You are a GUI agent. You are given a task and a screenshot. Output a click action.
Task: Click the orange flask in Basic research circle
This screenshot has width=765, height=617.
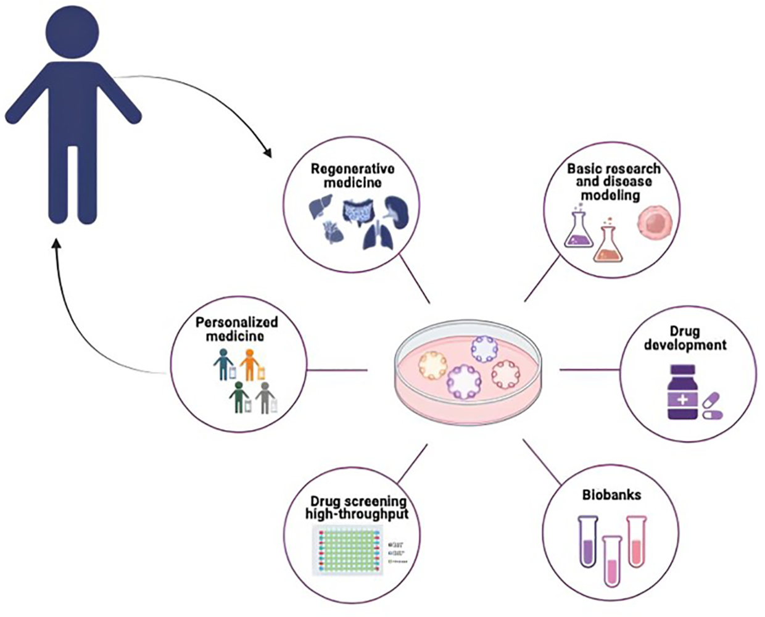(x=608, y=243)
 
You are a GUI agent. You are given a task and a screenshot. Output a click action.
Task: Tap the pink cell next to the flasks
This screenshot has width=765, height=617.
(x=651, y=223)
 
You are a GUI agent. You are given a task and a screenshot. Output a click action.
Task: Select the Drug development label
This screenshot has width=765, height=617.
(x=685, y=339)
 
